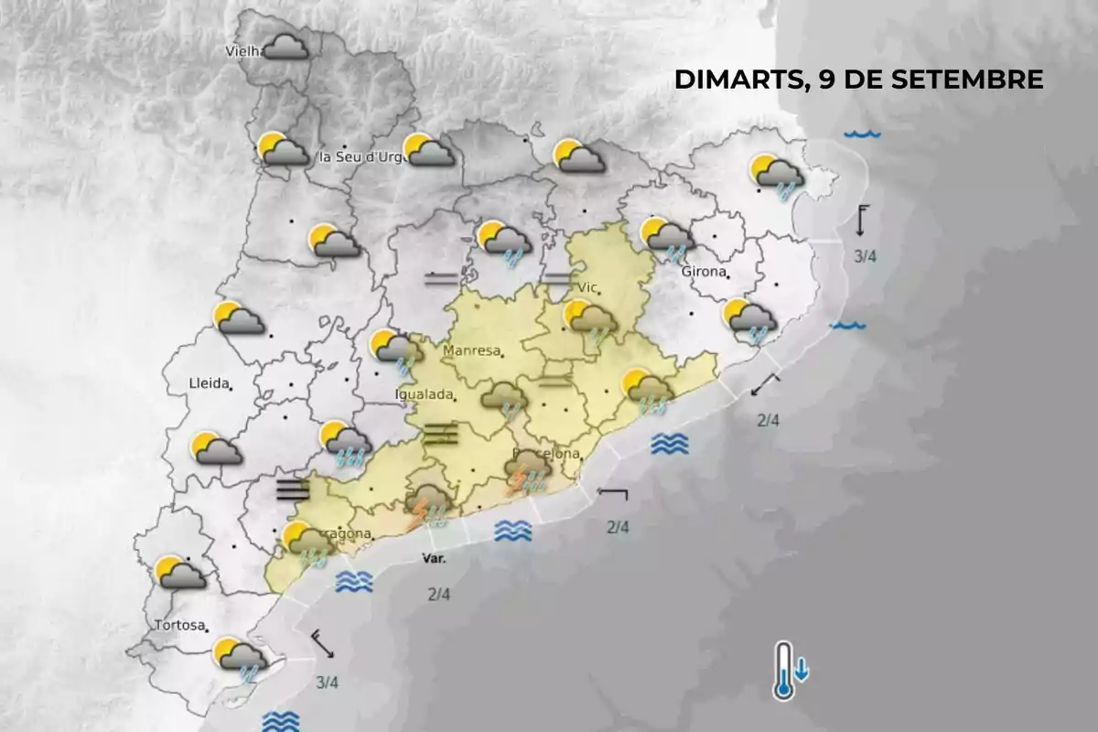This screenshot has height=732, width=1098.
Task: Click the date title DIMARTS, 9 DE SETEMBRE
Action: (x=858, y=80)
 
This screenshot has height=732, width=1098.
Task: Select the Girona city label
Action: (x=703, y=272)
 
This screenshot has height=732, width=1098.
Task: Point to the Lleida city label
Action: (x=208, y=383)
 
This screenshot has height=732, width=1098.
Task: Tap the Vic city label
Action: (x=586, y=288)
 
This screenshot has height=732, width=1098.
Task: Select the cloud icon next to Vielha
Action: (x=285, y=47)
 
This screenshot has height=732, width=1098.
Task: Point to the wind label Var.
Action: (x=434, y=558)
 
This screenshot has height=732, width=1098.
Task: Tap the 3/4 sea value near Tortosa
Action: (x=327, y=682)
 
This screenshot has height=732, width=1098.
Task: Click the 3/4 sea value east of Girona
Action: (x=865, y=257)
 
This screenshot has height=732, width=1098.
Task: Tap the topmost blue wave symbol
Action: (x=862, y=135)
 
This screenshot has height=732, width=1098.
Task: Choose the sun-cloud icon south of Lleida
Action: (x=216, y=447)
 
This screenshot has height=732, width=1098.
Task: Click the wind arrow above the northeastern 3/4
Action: (x=862, y=221)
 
